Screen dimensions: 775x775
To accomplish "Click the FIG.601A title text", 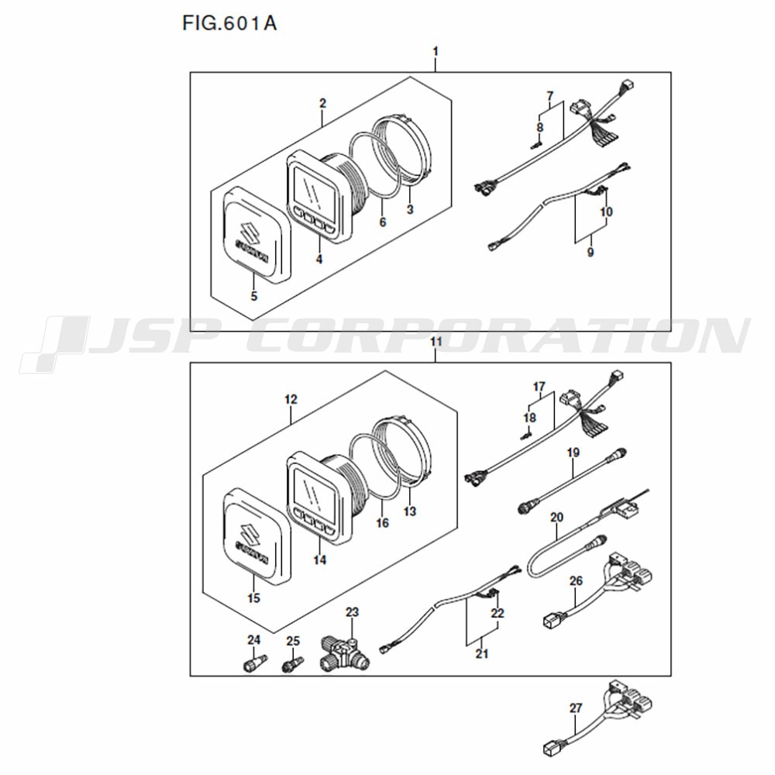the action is point(229,23).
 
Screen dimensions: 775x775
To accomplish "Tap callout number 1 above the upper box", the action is point(436,51).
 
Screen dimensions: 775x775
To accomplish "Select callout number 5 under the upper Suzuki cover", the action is point(254,296).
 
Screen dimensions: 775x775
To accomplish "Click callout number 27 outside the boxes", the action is point(576,708).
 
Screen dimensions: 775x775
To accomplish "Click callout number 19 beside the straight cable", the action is point(573,453).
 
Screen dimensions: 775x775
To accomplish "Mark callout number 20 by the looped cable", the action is point(557,518).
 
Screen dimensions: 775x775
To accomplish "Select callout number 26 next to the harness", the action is point(577,580).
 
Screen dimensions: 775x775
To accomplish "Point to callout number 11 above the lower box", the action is point(436,342).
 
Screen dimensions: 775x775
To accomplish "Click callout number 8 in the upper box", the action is point(539,127).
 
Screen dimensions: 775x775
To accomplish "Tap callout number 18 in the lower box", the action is point(530,418).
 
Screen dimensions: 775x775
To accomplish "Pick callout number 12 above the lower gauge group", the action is point(291,399).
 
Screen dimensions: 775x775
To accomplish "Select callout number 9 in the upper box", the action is point(590,252).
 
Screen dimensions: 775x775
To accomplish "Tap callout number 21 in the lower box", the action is point(482,653).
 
